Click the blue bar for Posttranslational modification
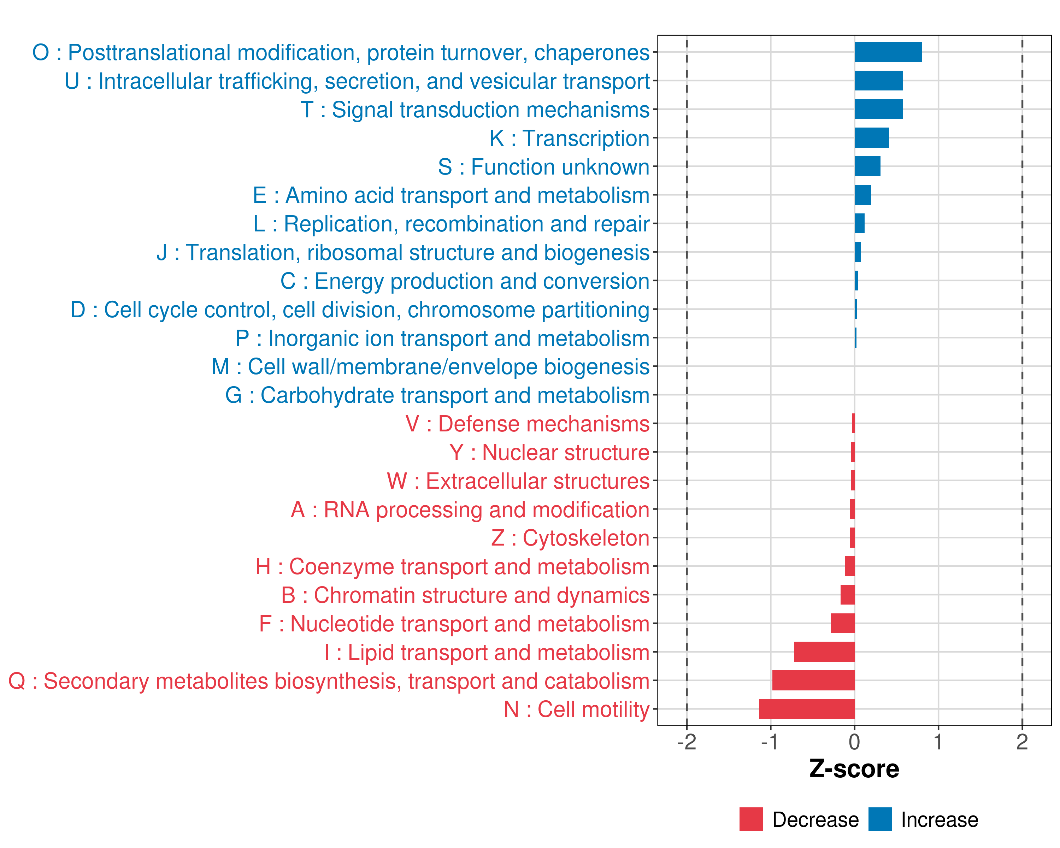click(888, 52)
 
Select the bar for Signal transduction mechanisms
click(878, 109)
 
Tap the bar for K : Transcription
click(871, 138)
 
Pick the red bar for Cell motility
click(806, 709)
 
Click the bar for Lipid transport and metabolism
click(824, 652)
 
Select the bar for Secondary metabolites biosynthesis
click(813, 681)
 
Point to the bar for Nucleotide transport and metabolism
click(842, 623)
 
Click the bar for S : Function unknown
click(867, 166)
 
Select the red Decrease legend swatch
click(751, 819)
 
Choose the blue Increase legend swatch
click(879, 819)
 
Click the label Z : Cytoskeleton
click(570, 538)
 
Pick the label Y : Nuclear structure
click(549, 453)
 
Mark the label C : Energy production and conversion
click(465, 281)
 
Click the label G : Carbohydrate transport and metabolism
click(437, 396)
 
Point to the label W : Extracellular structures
click(518, 481)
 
